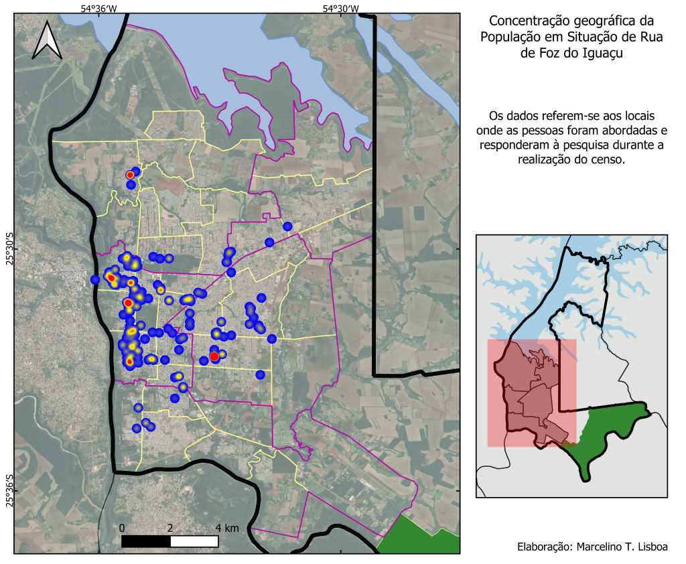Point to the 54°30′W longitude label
click(x=341, y=8)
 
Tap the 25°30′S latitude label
click(x=9, y=249)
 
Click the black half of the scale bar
click(x=146, y=541)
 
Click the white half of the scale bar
click(x=194, y=541)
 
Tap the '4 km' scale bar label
click(x=226, y=528)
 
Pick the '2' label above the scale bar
click(x=170, y=528)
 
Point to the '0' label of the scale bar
click(x=122, y=528)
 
